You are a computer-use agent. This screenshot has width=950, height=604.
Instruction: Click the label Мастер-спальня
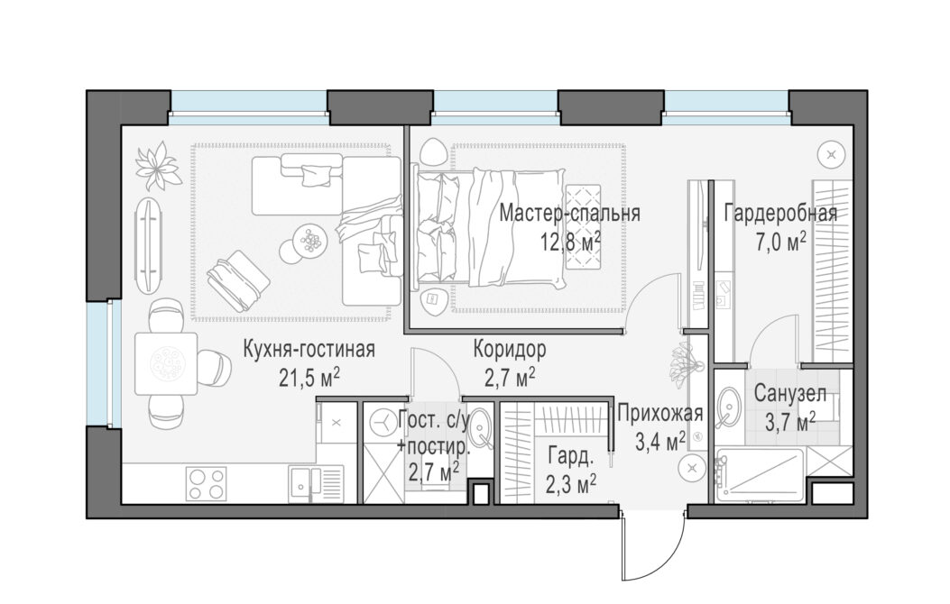(x=569, y=214)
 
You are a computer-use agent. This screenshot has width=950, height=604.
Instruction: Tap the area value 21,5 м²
(x=309, y=379)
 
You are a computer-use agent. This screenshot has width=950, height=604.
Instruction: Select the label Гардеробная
(x=781, y=214)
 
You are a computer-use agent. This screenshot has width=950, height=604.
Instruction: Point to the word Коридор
(x=510, y=349)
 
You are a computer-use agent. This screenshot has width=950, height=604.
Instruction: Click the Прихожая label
(x=660, y=414)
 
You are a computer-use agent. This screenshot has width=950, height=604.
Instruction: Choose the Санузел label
(x=790, y=394)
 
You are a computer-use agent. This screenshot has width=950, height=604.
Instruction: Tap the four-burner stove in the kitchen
(x=206, y=483)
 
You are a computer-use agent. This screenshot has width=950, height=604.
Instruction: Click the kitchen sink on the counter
(x=316, y=483)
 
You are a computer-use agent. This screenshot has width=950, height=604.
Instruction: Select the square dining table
(x=165, y=363)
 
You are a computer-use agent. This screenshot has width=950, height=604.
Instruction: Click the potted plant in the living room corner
(x=158, y=165)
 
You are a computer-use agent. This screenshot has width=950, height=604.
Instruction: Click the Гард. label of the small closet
(x=569, y=457)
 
